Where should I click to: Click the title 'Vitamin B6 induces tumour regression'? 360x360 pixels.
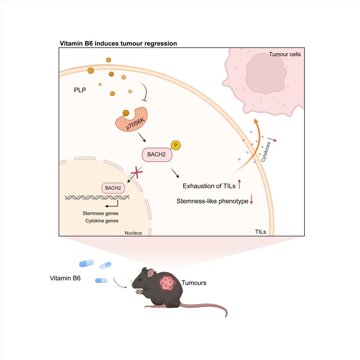(x=118, y=44)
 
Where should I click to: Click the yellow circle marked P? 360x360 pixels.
(x=175, y=146)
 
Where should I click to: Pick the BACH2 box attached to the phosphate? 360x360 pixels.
(x=157, y=154)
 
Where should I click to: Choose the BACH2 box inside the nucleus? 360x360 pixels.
(x=113, y=188)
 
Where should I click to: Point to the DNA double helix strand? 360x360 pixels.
(x=97, y=198)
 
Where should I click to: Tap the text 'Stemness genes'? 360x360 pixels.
(x=101, y=213)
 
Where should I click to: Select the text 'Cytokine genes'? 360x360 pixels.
(x=102, y=221)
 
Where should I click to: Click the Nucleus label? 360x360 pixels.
(x=133, y=233)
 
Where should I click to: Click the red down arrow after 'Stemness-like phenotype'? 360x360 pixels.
(x=252, y=201)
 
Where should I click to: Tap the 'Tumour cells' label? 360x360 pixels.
(x=285, y=54)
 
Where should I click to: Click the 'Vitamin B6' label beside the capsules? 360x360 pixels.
(x=65, y=278)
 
